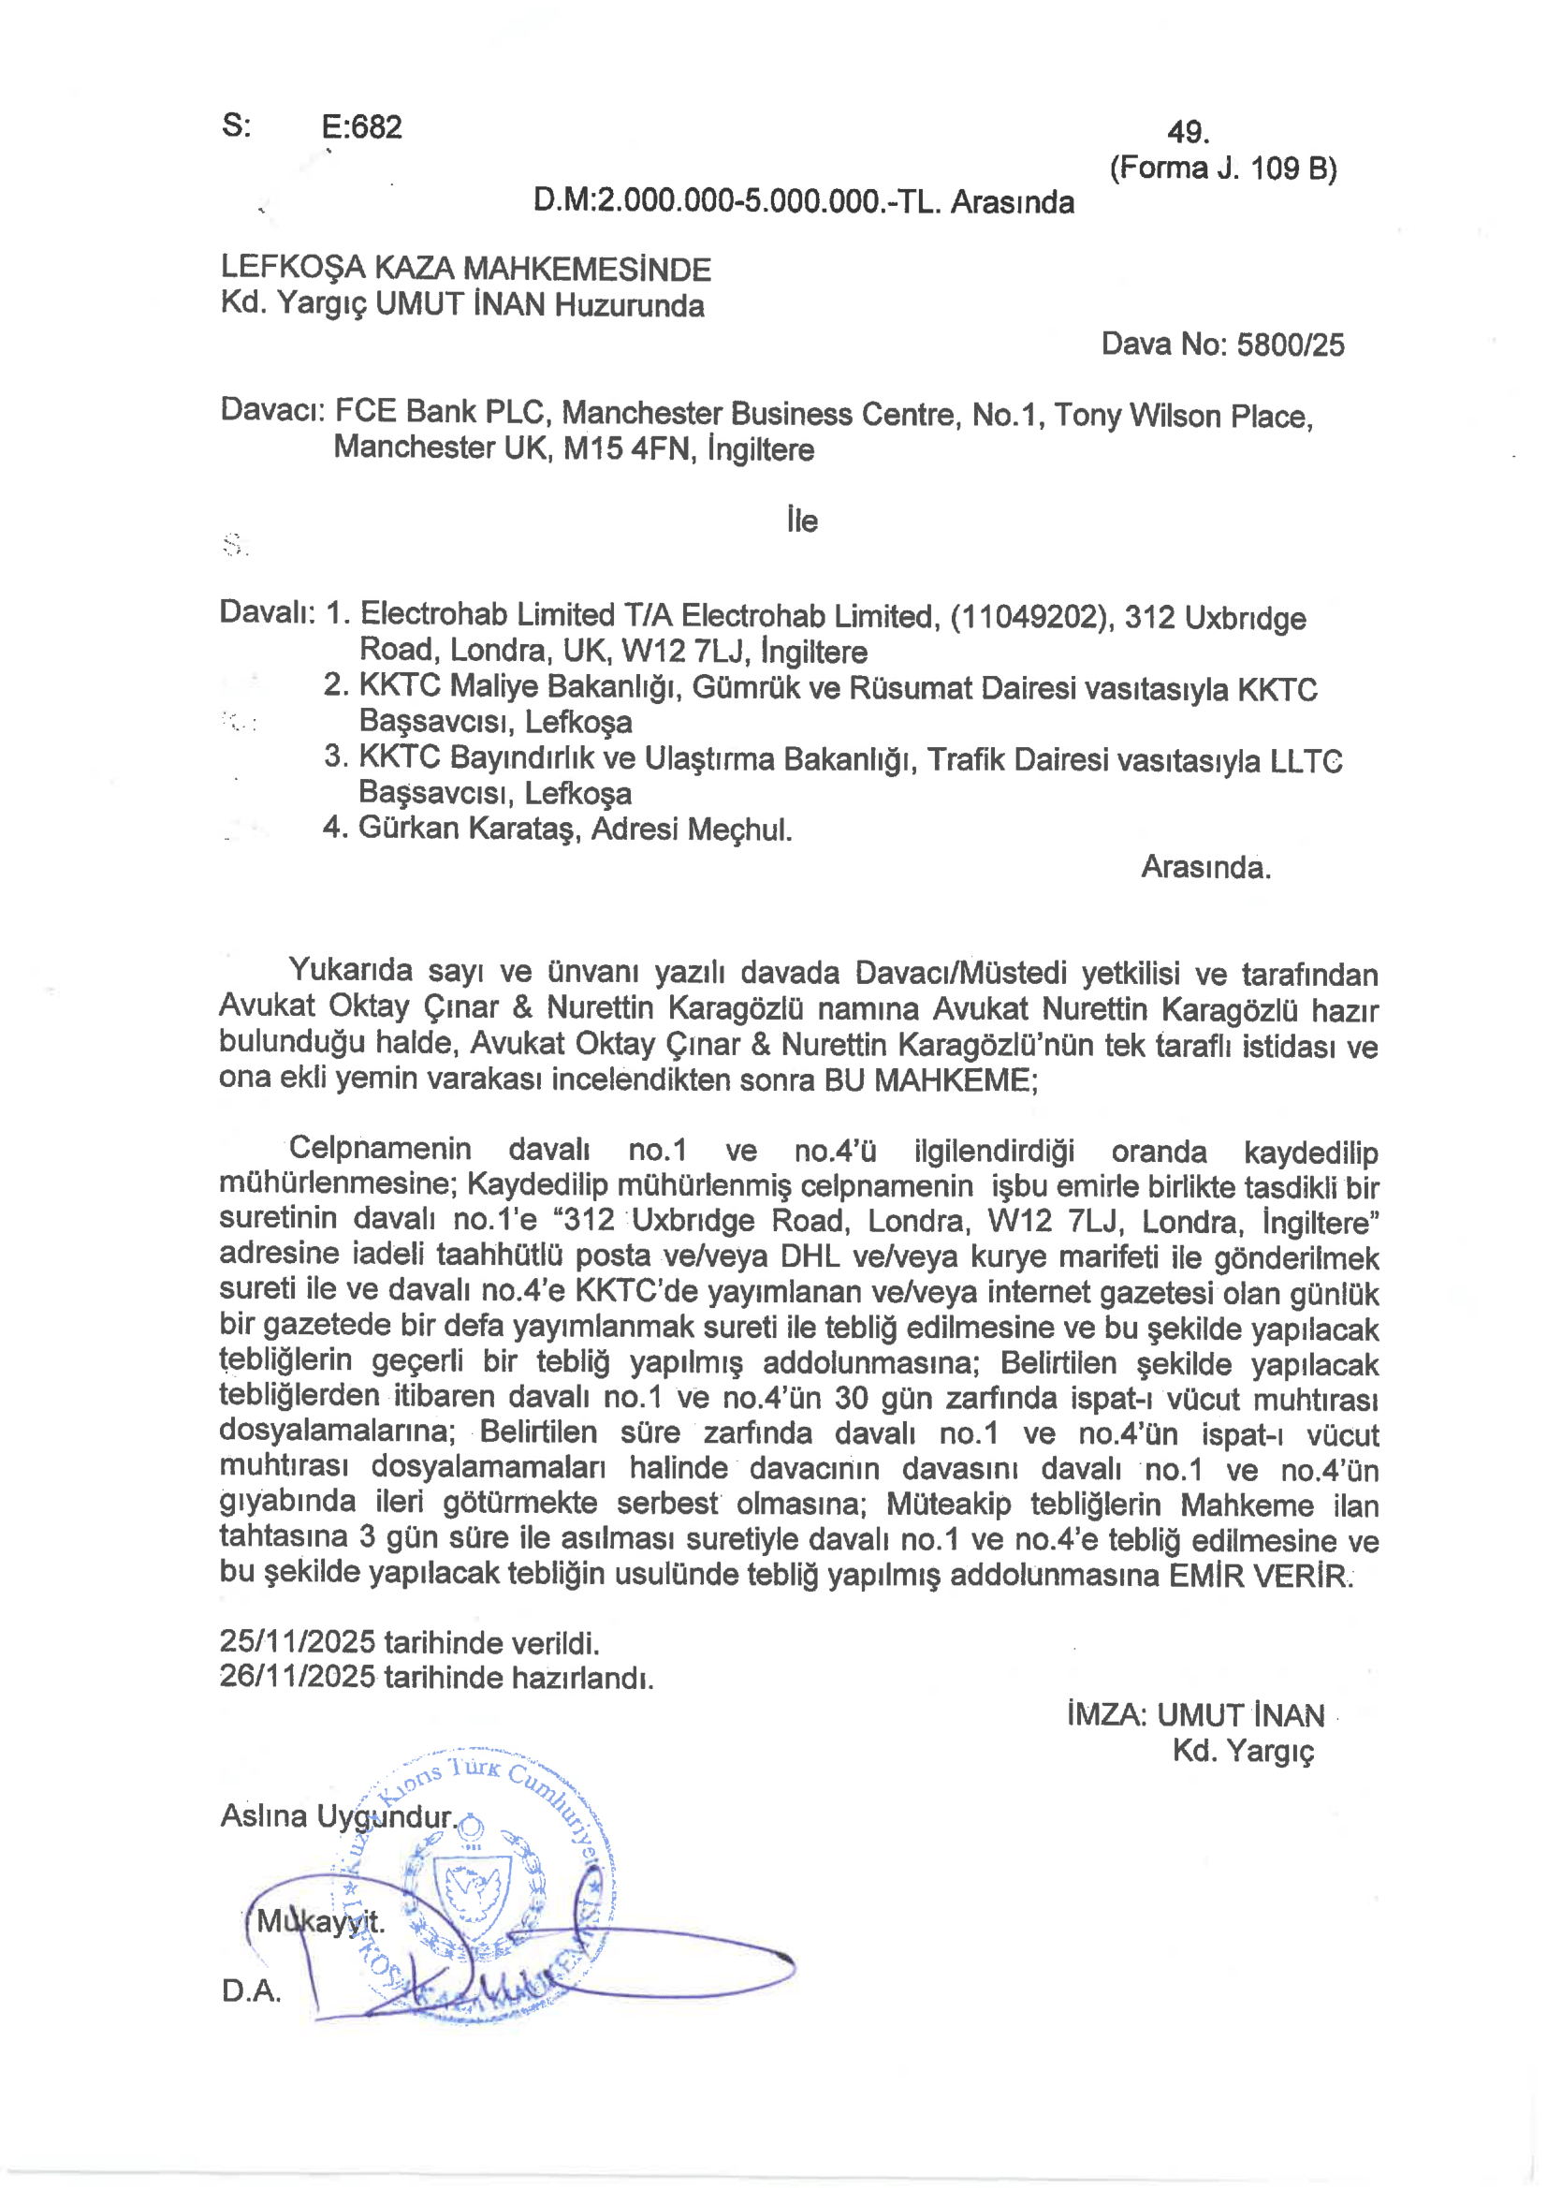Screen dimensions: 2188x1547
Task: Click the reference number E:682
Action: click(361, 126)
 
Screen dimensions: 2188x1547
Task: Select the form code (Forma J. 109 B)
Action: click(1222, 169)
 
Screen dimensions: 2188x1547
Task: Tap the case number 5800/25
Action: click(1290, 345)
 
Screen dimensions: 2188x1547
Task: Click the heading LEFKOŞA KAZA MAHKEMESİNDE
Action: click(466, 269)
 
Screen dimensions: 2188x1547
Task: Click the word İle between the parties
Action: click(802, 521)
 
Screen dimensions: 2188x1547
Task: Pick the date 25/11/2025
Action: click(298, 1641)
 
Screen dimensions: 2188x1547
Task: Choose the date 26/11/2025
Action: click(298, 1676)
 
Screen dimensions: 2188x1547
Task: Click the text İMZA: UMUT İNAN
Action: click(1195, 1715)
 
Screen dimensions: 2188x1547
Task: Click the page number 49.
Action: click(1188, 131)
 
